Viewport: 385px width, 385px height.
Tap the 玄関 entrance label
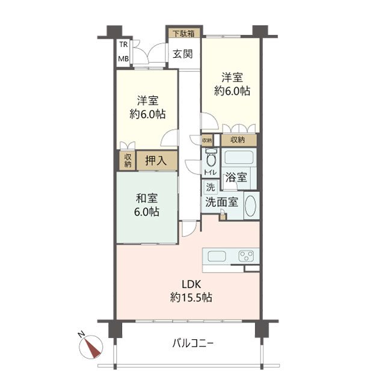183,54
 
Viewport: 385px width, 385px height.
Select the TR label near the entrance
123,45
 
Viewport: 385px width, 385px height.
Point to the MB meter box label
123,58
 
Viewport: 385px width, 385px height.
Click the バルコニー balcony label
194,344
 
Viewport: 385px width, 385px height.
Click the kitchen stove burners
247,256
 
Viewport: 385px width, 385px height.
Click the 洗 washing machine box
210,187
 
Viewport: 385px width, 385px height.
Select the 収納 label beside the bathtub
237,140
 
